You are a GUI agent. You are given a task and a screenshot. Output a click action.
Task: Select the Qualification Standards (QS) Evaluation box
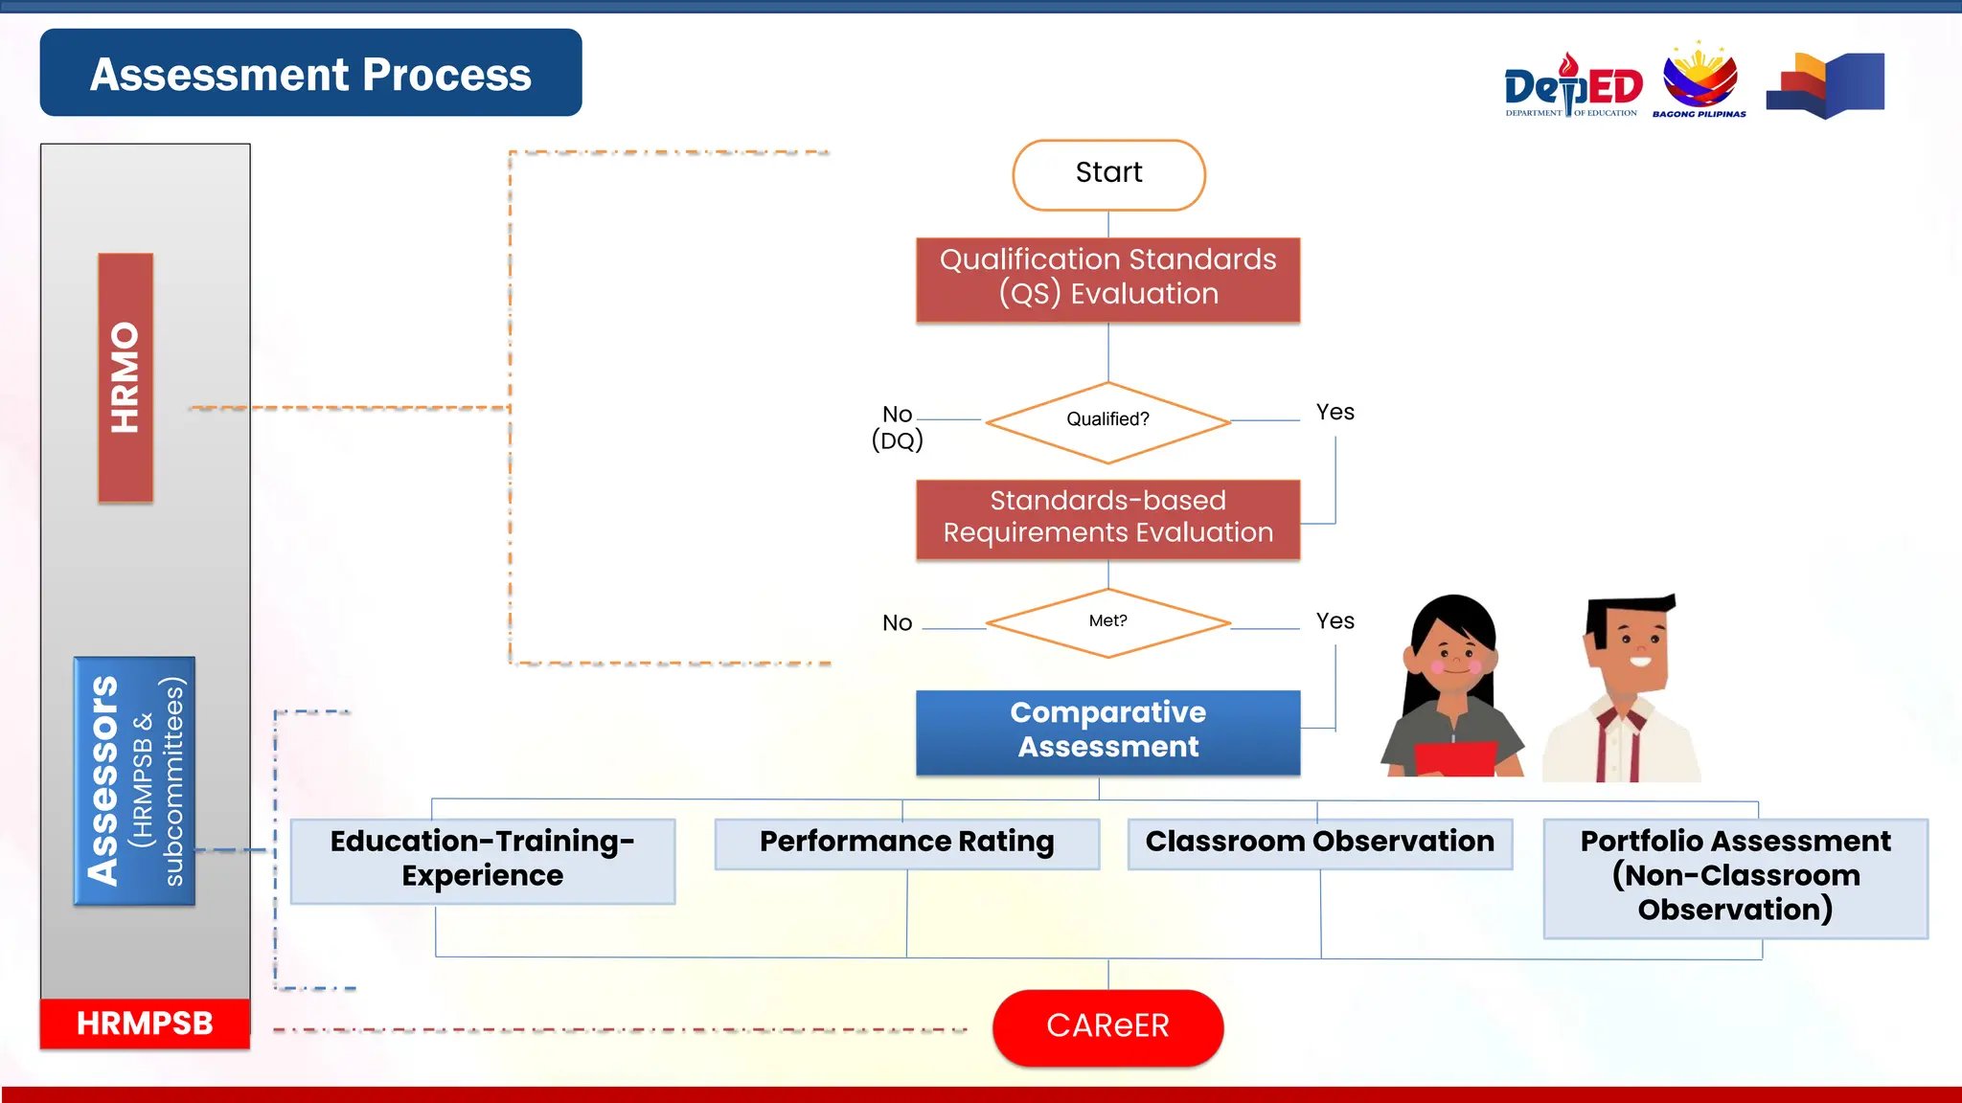(1108, 279)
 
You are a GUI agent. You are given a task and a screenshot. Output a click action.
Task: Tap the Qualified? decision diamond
(1108, 421)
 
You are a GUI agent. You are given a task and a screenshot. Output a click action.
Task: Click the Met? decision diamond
(1108, 623)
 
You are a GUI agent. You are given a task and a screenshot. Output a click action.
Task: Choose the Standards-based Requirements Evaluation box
(1108, 518)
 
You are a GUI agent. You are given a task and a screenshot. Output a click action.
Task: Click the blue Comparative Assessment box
(1108, 732)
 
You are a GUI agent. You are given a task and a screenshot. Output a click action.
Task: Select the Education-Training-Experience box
(483, 860)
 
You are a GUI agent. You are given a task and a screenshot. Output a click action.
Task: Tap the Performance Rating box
(907, 843)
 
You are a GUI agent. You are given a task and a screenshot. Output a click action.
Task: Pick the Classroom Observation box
(1320, 843)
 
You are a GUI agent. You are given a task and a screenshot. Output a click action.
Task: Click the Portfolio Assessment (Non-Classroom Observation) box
(1735, 877)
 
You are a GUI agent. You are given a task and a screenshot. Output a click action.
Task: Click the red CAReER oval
(1108, 1026)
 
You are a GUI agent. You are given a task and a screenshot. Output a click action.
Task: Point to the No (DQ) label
(898, 427)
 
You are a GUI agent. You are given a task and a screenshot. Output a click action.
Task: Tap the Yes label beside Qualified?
(1335, 413)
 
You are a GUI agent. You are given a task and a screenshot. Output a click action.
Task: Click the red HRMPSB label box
(145, 1024)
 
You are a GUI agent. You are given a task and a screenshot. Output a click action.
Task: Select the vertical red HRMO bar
(125, 377)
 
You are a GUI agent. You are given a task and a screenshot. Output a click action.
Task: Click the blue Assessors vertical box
(134, 780)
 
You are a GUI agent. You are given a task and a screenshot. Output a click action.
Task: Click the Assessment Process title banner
(310, 73)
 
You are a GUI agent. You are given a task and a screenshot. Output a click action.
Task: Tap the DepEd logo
(1572, 86)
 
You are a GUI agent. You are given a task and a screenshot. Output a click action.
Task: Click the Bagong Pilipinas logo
(1700, 80)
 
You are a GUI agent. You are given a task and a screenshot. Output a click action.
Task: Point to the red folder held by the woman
(1453, 759)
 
